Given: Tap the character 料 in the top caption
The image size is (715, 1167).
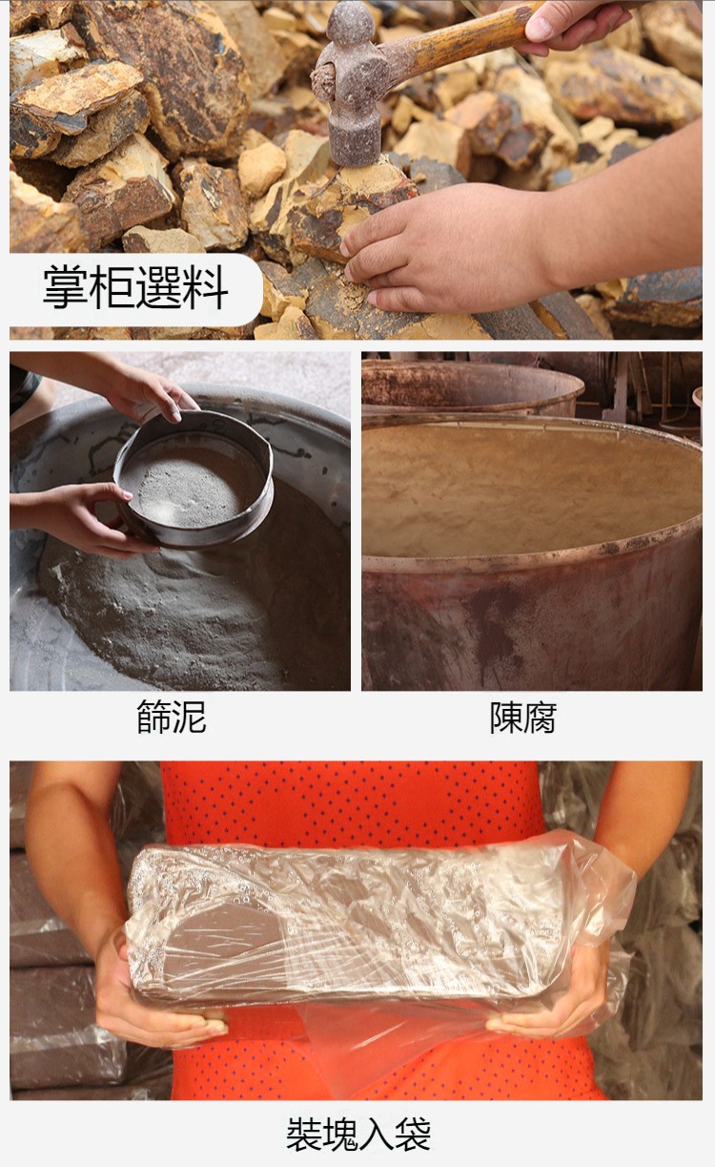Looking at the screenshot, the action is [206, 287].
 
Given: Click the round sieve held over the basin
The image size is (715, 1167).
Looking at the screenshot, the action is [194, 480].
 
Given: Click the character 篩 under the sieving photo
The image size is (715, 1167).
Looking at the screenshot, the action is [154, 717].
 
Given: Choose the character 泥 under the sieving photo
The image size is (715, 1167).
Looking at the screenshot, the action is [190, 717].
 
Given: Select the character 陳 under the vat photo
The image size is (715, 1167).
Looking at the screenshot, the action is [506, 718].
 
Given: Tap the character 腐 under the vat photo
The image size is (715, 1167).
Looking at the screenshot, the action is [541, 718].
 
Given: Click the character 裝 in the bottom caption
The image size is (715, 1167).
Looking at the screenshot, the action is [304, 1134].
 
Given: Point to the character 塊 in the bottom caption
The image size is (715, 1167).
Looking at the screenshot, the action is [340, 1134].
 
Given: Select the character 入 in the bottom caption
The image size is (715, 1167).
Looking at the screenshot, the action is [377, 1134].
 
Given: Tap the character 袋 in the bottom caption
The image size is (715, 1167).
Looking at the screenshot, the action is [413, 1134].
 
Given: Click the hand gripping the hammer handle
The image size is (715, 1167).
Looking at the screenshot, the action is [572, 24].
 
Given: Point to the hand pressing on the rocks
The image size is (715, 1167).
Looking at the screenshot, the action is [447, 245].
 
